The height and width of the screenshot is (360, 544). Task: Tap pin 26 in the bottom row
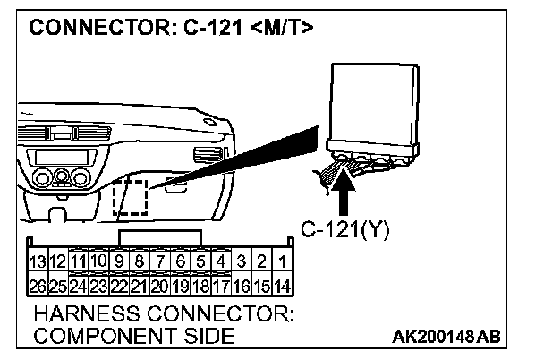[38, 287]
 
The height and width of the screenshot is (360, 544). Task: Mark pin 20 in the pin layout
[159, 287]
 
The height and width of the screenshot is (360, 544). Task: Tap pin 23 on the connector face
[98, 287]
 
